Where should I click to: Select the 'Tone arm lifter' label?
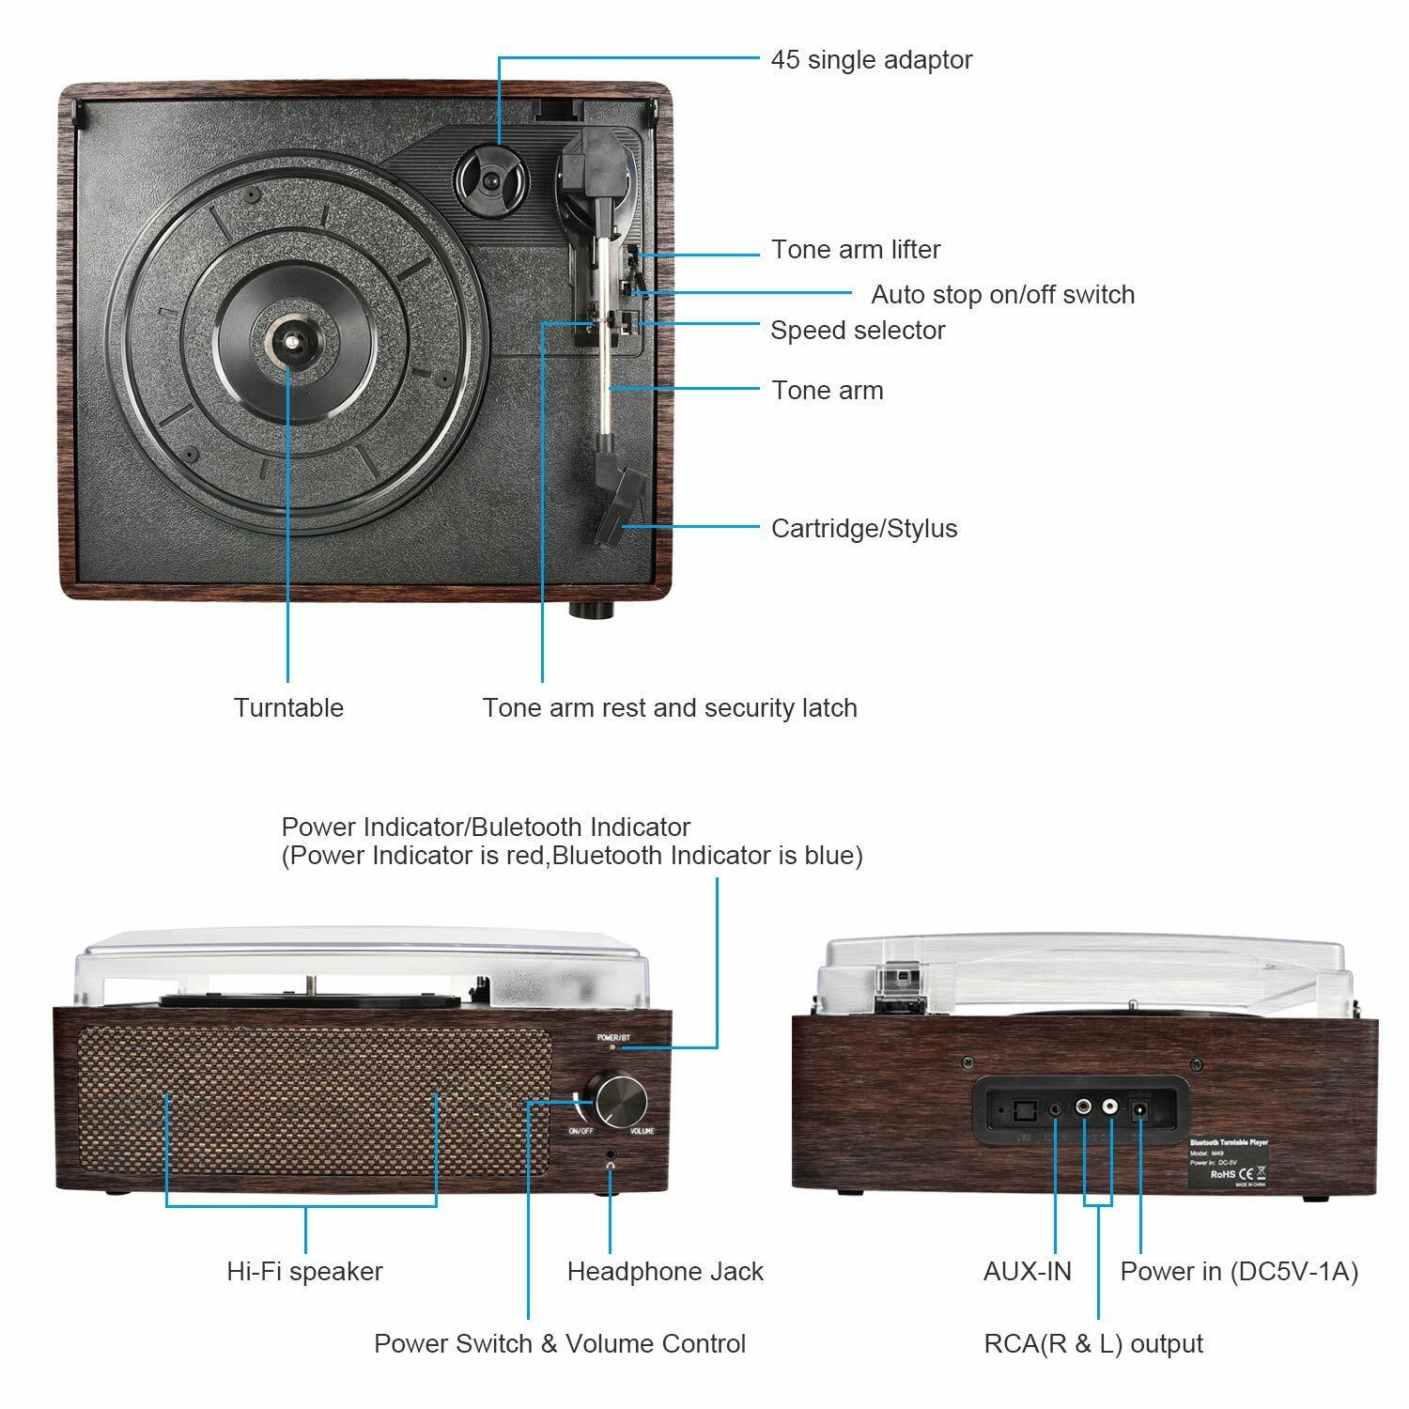pyautogui.click(x=855, y=250)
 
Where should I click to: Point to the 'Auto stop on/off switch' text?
pyautogui.click(x=1002, y=295)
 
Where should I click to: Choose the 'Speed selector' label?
pyautogui.click(x=857, y=331)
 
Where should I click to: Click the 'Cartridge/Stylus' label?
pyautogui.click(x=863, y=529)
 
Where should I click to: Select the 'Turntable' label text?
pyautogui.click(x=288, y=708)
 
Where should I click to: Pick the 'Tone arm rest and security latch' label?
pyautogui.click(x=669, y=708)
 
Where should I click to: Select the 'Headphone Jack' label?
pyautogui.click(x=665, y=1272)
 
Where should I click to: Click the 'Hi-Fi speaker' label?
pyautogui.click(x=304, y=1272)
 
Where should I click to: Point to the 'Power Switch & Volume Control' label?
pyautogui.click(x=560, y=1344)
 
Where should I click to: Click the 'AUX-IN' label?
pyautogui.click(x=1027, y=1272)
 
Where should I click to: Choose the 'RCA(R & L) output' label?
pyautogui.click(x=1092, y=1344)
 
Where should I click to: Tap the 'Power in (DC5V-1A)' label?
pyautogui.click(x=1239, y=1272)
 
